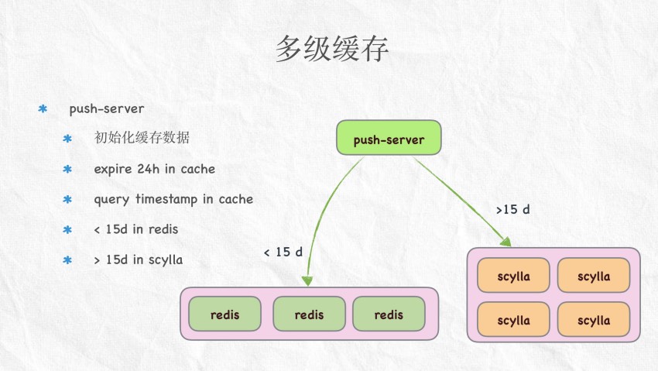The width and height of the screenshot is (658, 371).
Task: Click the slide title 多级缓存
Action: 331,49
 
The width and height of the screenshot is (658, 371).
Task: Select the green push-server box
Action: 389,139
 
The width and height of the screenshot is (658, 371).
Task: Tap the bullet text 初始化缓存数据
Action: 142,138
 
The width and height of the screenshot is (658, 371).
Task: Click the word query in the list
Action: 111,200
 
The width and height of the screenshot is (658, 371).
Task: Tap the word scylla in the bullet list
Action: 164,259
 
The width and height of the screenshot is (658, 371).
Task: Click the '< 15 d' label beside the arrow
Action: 283,252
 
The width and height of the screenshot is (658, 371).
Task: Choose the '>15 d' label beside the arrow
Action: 512,209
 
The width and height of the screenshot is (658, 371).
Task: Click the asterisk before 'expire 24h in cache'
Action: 67,169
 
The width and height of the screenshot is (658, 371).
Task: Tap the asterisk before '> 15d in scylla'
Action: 67,260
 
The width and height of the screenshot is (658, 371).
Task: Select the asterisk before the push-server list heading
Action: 43,108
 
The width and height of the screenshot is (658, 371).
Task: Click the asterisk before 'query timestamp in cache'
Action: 67,200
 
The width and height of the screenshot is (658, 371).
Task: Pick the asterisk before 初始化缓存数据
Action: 67,139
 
